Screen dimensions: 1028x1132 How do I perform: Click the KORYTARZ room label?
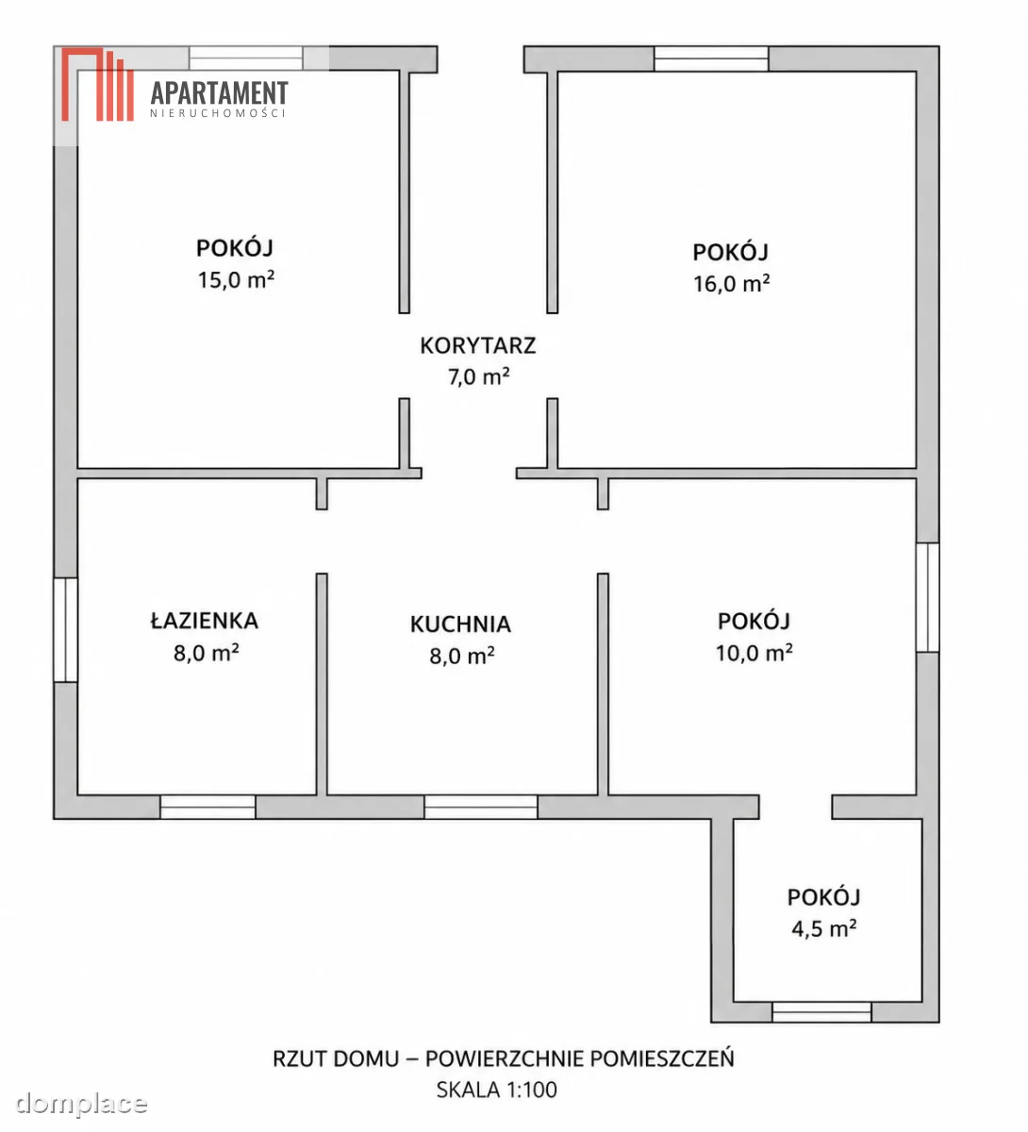(x=477, y=345)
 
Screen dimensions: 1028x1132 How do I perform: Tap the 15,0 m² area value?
(x=236, y=279)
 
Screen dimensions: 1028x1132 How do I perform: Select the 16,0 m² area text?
(x=731, y=283)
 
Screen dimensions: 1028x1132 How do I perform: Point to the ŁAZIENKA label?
(x=205, y=620)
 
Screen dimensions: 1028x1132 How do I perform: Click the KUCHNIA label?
(x=460, y=624)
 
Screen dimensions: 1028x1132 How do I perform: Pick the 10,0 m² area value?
(x=754, y=653)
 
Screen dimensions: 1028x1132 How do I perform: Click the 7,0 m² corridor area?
(x=478, y=376)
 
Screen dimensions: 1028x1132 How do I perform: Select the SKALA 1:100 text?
(x=496, y=1090)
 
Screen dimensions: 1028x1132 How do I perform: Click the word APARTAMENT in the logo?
(x=219, y=93)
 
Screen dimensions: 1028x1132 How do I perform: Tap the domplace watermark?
(x=81, y=1103)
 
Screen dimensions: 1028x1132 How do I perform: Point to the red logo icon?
(x=97, y=84)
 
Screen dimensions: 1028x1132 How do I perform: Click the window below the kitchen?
(x=481, y=807)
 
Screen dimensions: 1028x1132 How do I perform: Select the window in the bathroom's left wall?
(x=65, y=630)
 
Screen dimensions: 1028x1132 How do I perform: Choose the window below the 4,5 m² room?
(x=821, y=1012)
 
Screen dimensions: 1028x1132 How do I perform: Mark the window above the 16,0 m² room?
(x=711, y=58)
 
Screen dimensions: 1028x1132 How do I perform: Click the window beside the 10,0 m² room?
(x=927, y=597)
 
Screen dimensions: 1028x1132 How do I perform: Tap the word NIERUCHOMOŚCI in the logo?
(x=218, y=113)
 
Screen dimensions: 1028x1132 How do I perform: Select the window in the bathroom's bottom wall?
(x=207, y=807)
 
